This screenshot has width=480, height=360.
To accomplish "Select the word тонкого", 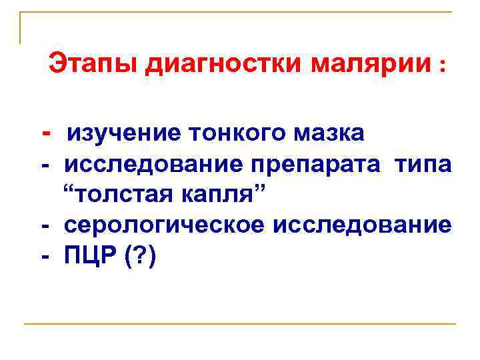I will (x=235, y=133).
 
